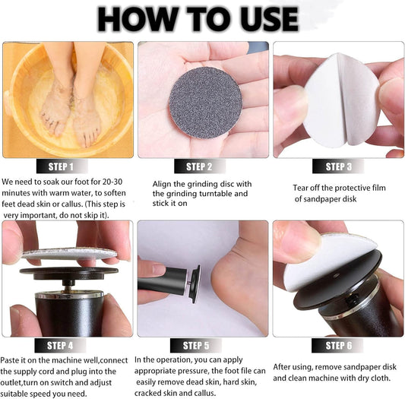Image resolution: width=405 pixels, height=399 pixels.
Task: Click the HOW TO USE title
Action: (x=203, y=18)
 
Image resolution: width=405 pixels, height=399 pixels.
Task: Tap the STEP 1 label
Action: (x=67, y=166)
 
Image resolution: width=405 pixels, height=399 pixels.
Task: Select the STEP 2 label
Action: (x=202, y=166)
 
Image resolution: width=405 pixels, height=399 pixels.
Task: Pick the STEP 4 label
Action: (x=67, y=346)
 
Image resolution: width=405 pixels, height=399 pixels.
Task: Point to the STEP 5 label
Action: (x=202, y=346)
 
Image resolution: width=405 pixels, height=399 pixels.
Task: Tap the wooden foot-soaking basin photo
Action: (x=67, y=99)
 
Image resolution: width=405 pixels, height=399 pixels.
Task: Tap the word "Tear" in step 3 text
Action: (x=302, y=188)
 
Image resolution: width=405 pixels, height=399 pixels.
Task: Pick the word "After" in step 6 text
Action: (x=286, y=366)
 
